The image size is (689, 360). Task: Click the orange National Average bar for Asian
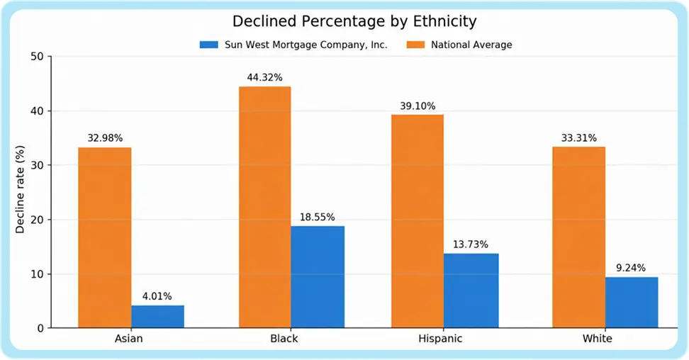point(105,237)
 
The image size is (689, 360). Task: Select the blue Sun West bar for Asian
point(158,317)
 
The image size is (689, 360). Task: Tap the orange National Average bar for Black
point(265,207)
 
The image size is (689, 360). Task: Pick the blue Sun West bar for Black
point(318,277)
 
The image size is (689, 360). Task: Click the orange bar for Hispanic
point(418,221)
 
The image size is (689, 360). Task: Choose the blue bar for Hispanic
point(471,291)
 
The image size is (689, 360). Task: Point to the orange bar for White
point(578,237)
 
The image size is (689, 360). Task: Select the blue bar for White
point(632,303)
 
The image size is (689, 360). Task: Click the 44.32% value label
point(264,78)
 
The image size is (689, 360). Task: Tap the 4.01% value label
point(157,296)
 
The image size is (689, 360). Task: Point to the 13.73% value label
point(470,244)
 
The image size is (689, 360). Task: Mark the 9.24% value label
point(631,268)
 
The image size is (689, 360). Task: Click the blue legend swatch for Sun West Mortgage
point(208,45)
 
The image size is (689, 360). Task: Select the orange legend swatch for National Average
point(415,45)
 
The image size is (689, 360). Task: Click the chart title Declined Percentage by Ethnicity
point(354,21)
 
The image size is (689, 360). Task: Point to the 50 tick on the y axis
point(37,57)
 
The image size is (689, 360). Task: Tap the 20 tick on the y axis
point(37,220)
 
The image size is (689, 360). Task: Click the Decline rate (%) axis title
point(20,189)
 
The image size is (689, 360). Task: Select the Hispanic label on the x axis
point(440,339)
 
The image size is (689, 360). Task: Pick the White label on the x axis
point(597,339)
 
